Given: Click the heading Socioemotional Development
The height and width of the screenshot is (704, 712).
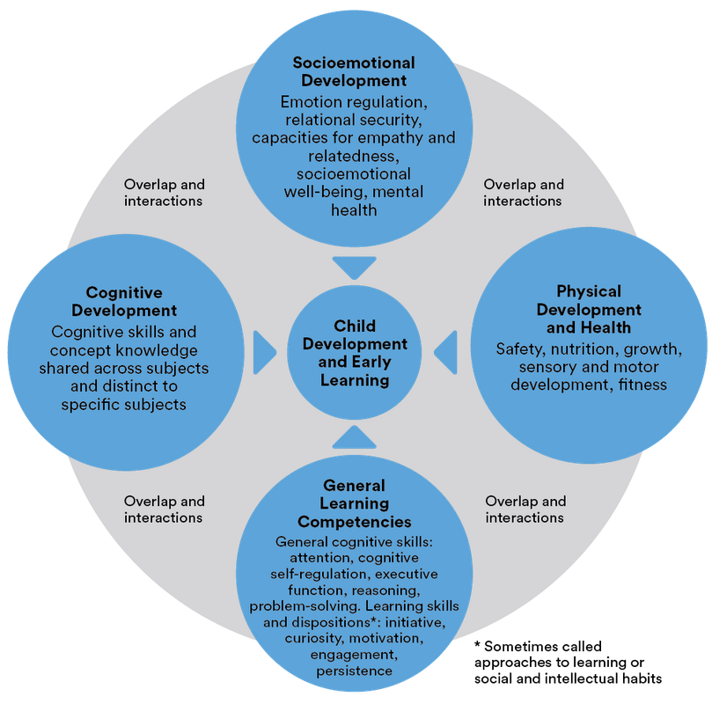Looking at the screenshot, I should tap(354, 72).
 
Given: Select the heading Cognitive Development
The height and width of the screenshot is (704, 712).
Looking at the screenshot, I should tap(131, 301).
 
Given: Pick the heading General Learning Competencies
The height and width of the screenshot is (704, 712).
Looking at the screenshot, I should tap(355, 503).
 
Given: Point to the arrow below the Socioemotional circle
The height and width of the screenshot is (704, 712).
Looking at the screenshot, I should tap(355, 266).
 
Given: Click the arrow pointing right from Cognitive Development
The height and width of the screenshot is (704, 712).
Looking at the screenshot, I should tap(263, 352).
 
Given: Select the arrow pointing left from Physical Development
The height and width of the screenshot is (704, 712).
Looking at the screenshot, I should tap(446, 352).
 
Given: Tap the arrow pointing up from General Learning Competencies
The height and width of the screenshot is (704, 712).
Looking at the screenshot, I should tap(355, 436).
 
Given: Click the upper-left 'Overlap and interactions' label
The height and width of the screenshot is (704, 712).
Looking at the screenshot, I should tap(164, 193).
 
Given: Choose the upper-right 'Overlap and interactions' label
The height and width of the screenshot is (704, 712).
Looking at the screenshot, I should tap(525, 193).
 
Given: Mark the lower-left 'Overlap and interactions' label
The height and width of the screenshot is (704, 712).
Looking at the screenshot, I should tap(164, 510).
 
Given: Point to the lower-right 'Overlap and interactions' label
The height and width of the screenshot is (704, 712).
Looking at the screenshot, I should tap(525, 510).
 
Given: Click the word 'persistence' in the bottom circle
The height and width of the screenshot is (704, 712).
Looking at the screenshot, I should tap(355, 671).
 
